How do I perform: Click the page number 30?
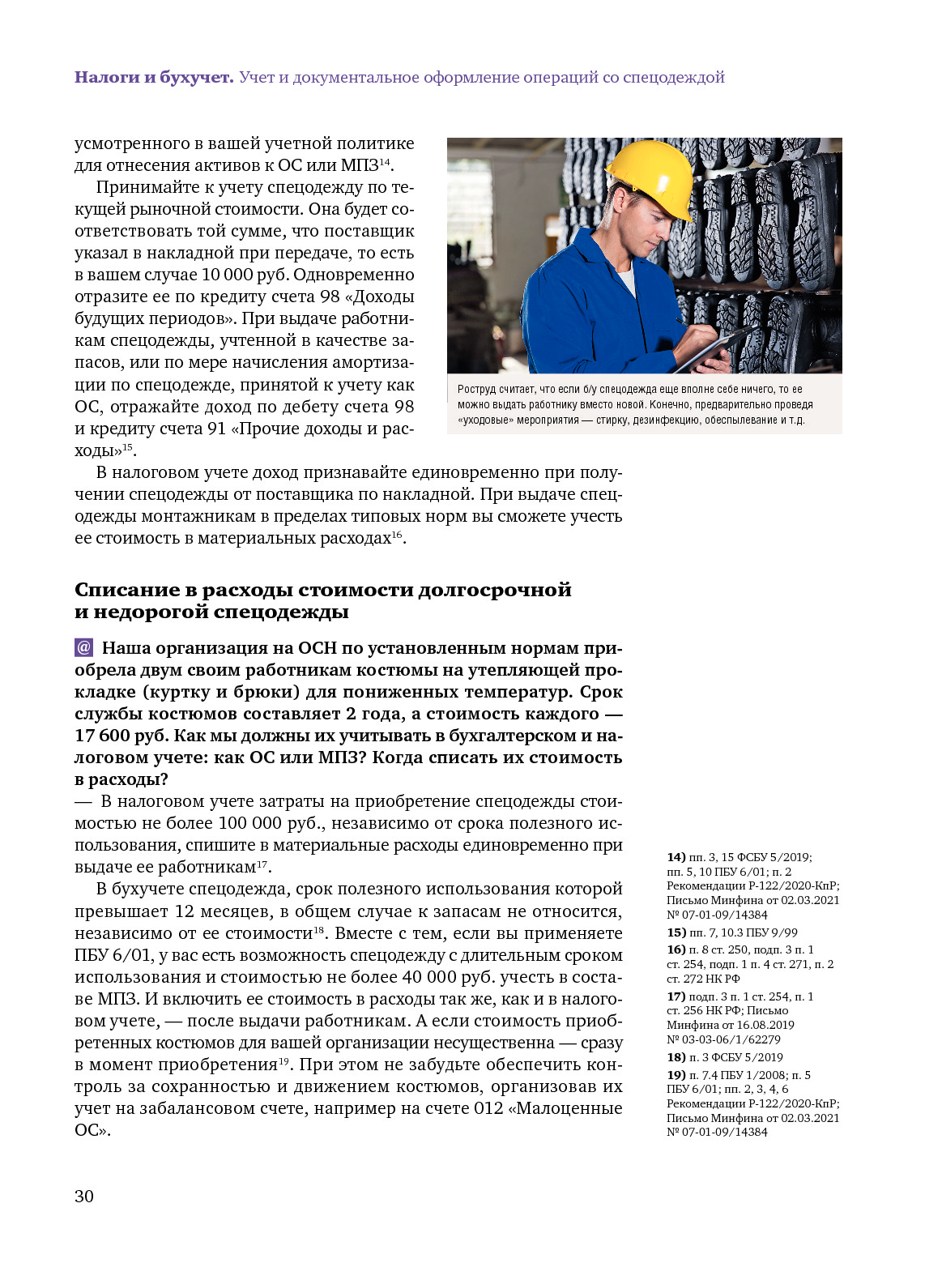click(84, 1197)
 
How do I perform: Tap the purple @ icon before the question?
click(83, 648)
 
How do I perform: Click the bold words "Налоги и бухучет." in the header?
click(154, 78)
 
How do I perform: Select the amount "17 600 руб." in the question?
click(120, 736)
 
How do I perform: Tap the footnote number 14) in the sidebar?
click(676, 857)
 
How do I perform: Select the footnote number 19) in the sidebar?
click(676, 1075)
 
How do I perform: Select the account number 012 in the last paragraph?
click(488, 1108)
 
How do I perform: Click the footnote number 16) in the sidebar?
click(676, 949)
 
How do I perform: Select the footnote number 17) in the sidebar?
click(676, 996)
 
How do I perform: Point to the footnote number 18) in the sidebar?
click(676, 1057)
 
